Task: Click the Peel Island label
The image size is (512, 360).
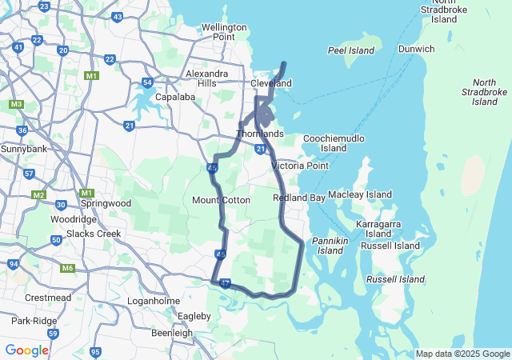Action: coord(351,50)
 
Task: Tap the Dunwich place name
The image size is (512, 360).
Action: coord(416,49)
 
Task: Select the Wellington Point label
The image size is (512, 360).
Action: coord(218,32)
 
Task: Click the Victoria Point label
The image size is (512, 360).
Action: coord(300,166)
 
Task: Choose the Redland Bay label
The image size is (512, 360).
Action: coord(298,198)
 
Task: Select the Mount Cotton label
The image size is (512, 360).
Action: coord(222,200)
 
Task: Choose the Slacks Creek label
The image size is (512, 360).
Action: coord(94,234)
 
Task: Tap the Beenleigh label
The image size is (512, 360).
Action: coord(172,333)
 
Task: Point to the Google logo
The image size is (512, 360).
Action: coord(27,350)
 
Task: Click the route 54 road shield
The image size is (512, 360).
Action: coord(146,82)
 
